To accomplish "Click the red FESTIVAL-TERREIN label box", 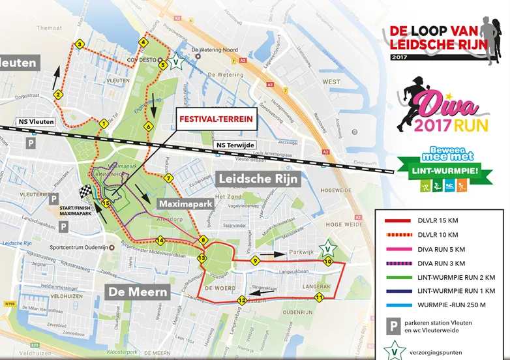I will (x=216, y=120).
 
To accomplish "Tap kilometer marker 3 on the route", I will (x=79, y=44).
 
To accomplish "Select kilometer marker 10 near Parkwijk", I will (x=328, y=261).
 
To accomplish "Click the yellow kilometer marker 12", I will (x=242, y=301).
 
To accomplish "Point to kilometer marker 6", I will (x=149, y=127).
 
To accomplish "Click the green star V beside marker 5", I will (x=175, y=63).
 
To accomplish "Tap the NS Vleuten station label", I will (x=37, y=122).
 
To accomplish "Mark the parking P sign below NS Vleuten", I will (x=29, y=142).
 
